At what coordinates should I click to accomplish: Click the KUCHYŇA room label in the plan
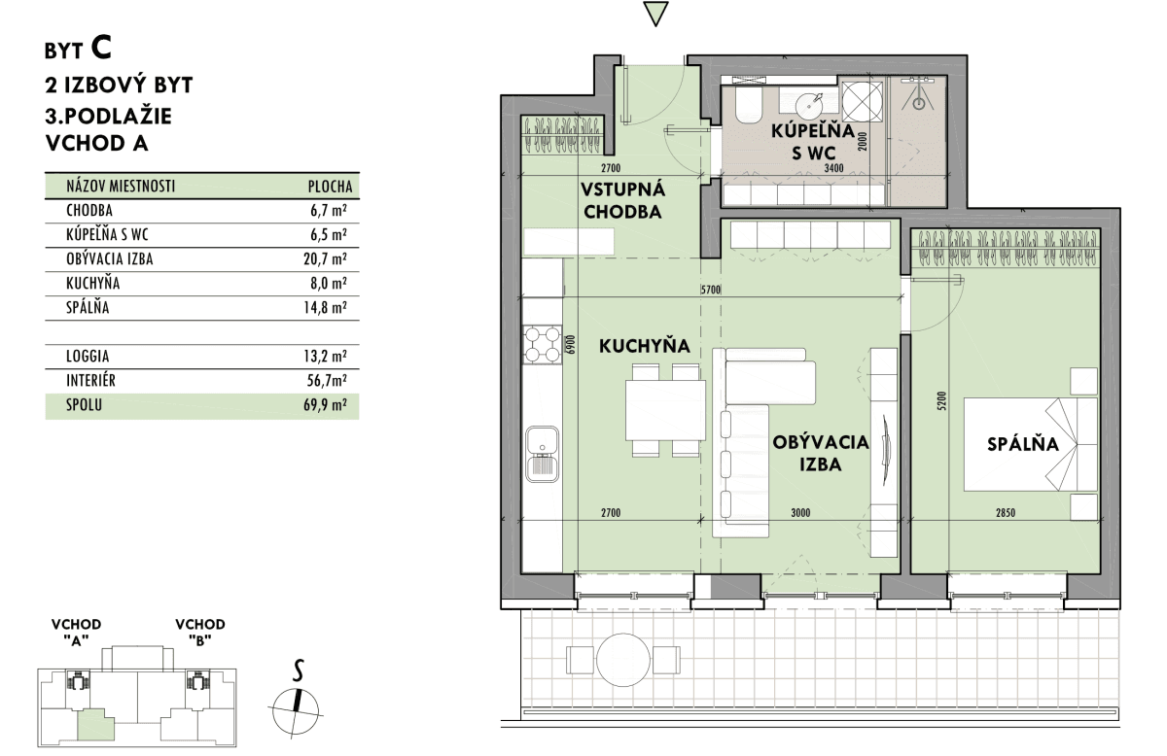tap(645, 346)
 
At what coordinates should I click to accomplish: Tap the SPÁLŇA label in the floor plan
tap(1023, 444)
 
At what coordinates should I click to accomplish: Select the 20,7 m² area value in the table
tap(325, 258)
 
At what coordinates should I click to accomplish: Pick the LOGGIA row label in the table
tap(88, 356)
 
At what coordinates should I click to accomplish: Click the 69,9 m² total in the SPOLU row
tap(325, 404)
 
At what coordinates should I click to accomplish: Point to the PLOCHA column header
tap(331, 187)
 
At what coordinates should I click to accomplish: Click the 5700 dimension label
tap(711, 290)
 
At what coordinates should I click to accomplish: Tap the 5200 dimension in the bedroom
tap(941, 401)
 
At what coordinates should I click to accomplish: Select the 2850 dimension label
tap(1006, 513)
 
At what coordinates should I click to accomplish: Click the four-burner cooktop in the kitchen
tap(542, 344)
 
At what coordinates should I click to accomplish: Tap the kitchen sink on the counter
tap(543, 454)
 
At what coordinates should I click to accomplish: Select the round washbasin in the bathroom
tap(809, 106)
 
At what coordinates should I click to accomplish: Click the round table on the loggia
tap(623, 660)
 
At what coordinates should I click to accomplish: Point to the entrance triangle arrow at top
tap(655, 14)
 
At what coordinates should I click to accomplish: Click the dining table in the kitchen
tap(666, 410)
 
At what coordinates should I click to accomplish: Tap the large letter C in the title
tap(101, 48)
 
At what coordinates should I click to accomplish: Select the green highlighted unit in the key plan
tap(96, 725)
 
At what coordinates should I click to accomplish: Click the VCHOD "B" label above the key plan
tap(200, 632)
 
